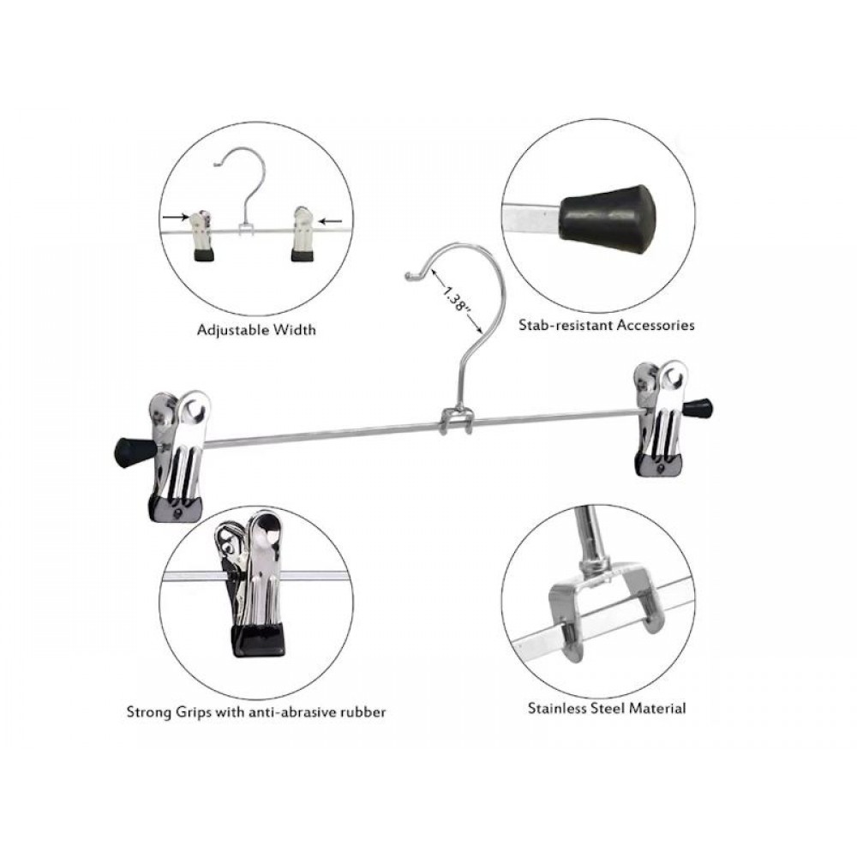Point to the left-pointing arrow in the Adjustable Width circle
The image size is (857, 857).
click(x=330, y=221)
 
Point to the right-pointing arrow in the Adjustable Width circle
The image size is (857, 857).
click(x=175, y=217)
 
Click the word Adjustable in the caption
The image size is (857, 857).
click(x=232, y=330)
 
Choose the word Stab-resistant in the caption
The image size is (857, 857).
click(x=565, y=325)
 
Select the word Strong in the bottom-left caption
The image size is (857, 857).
click(x=150, y=713)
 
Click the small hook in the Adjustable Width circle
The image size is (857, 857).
click(x=244, y=186)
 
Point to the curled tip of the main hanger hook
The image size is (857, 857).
click(x=410, y=277)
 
